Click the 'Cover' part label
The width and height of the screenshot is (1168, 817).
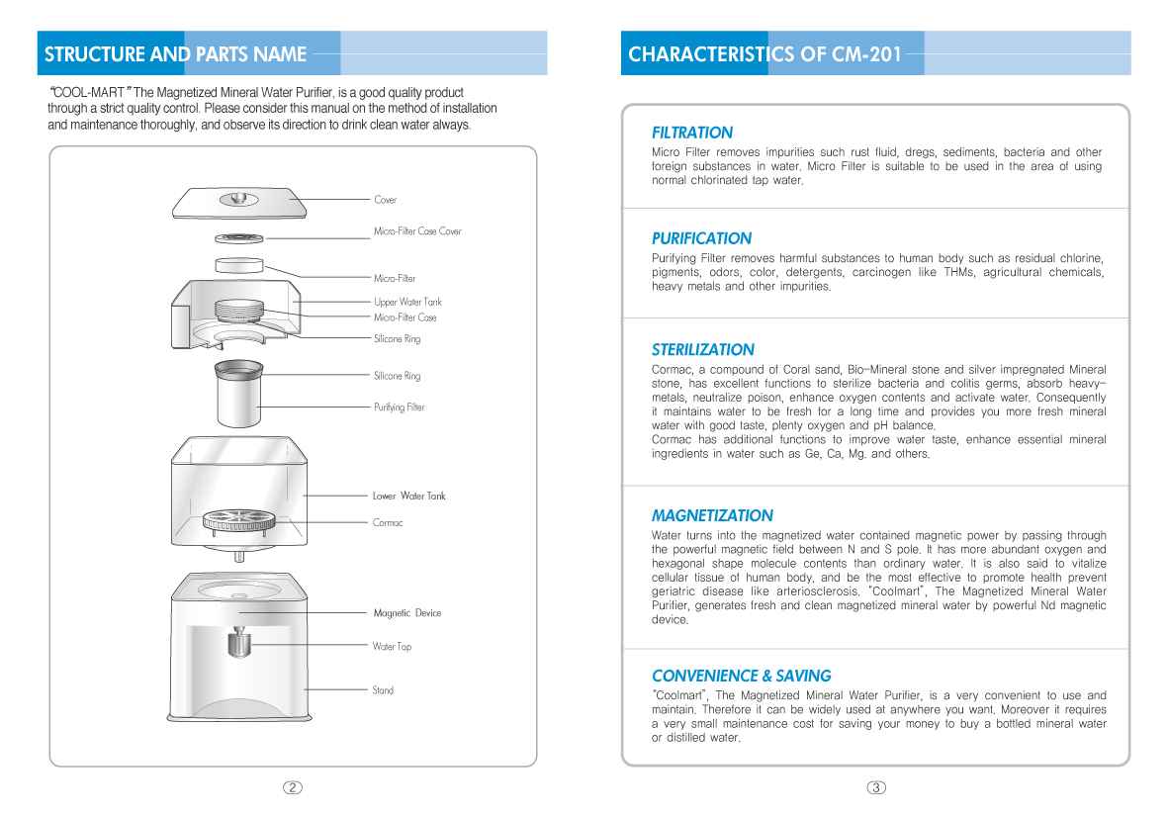(385, 200)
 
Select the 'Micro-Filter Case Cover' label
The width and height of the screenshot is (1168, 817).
(417, 231)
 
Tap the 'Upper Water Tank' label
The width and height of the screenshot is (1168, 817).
(407, 302)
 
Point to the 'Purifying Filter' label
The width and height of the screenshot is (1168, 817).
(399, 408)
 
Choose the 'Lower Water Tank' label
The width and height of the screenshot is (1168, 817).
(408, 496)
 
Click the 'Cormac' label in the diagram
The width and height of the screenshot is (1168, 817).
(387, 522)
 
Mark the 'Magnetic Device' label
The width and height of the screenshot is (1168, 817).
(406, 613)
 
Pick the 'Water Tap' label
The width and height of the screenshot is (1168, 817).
(392, 647)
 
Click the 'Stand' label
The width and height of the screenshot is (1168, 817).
(383, 690)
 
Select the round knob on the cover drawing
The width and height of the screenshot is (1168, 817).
(238, 198)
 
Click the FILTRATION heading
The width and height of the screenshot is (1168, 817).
(692, 133)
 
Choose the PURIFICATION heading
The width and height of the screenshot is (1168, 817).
(701, 238)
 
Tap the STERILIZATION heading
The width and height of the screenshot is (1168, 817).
(702, 349)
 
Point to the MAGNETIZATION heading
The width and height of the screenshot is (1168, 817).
(712, 515)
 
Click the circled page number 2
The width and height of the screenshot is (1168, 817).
(292, 787)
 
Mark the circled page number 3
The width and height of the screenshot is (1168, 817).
(876, 787)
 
